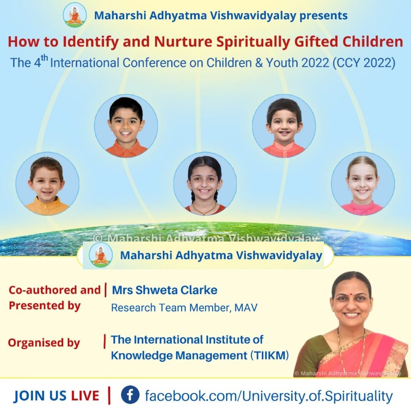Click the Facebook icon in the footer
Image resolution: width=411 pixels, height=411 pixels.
(130, 394)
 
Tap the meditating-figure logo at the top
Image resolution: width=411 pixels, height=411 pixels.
(75, 15)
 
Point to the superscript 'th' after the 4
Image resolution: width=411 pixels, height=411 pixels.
(44, 58)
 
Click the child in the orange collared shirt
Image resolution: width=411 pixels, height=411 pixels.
(126, 126)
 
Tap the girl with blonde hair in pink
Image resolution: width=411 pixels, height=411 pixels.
(363, 184)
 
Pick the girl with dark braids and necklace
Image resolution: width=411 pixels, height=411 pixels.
(205, 184)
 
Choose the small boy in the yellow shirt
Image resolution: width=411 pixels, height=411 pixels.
(47, 184)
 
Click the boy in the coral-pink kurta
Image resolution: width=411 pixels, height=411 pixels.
(284, 126)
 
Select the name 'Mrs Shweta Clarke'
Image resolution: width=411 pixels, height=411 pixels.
(165, 290)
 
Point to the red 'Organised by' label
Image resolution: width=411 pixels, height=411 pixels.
(44, 343)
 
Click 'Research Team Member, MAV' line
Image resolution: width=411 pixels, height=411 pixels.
(184, 307)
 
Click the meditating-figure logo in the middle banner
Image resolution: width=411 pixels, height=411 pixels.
(101, 254)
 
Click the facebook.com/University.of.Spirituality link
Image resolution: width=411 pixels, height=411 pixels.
(269, 396)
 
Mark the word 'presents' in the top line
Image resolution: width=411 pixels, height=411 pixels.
(324, 16)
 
